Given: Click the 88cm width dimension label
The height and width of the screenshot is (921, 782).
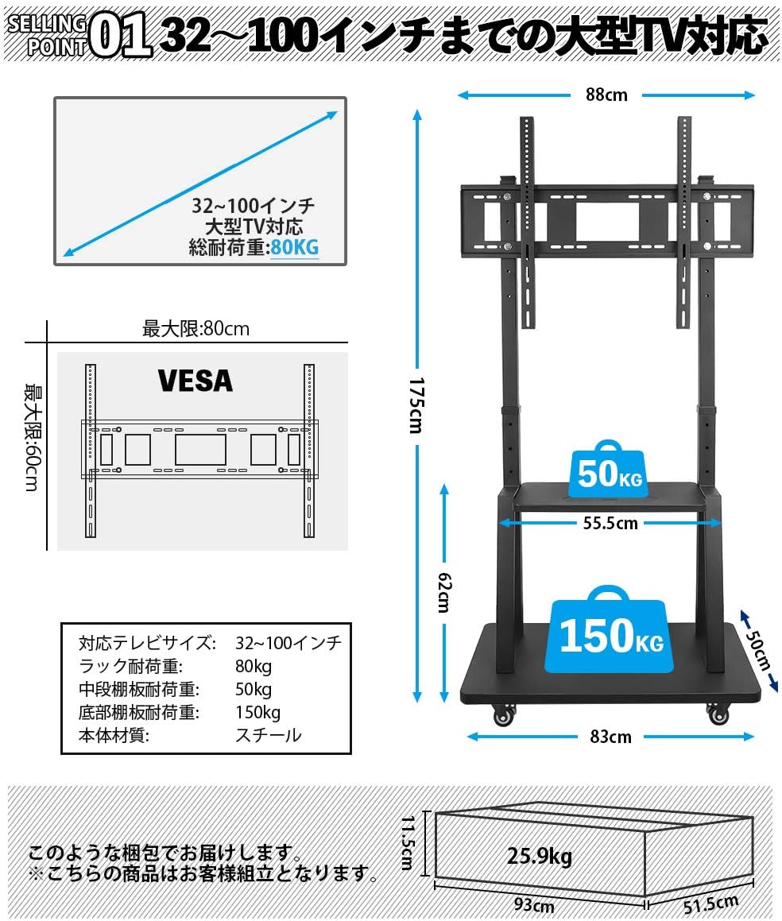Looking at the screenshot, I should pyautogui.click(x=606, y=95).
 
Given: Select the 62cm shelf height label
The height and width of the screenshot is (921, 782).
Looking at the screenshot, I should pyautogui.click(x=442, y=592).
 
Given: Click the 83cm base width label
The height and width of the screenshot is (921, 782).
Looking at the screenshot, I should pyautogui.click(x=611, y=737).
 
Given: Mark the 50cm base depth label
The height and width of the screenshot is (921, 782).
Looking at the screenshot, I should pyautogui.click(x=759, y=650).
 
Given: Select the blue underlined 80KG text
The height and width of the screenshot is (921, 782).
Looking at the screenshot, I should pyautogui.click(x=294, y=247).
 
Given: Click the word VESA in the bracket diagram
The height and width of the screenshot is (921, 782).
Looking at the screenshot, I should pyautogui.click(x=195, y=381).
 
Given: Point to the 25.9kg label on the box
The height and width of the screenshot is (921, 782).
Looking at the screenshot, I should pyautogui.click(x=540, y=857).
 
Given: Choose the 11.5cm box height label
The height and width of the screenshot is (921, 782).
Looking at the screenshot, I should pyautogui.click(x=407, y=842).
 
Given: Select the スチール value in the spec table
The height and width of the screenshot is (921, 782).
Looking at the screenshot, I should pyautogui.click(x=269, y=735).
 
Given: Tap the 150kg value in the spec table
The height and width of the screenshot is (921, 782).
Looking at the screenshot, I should pyautogui.click(x=257, y=712).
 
